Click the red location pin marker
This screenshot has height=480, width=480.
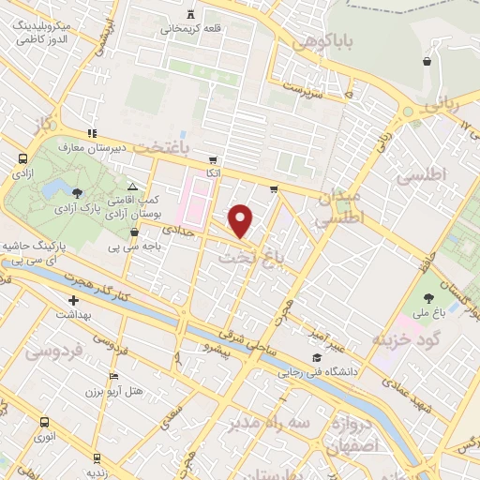point(241,220)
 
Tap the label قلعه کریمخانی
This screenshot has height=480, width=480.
point(192,28)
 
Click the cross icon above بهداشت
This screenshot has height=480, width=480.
point(73,301)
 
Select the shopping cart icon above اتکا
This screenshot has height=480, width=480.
point(214,159)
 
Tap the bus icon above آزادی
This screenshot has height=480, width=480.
point(21,160)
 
